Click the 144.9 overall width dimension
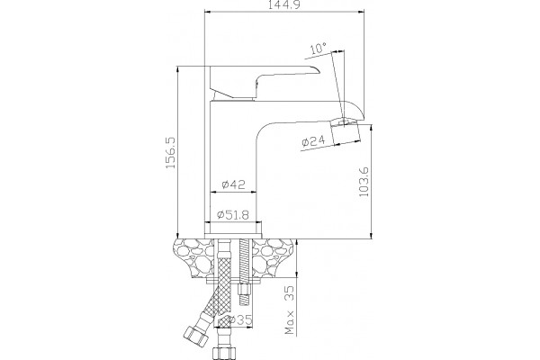click(283, 4)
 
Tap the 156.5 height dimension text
click(171, 153)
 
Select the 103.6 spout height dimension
click(364, 182)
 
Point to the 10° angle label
click(319, 49)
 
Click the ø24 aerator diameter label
click(313, 141)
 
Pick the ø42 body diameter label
click(233, 184)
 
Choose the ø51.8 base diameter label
click(233, 215)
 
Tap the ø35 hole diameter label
click(240, 320)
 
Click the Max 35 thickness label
click(290, 310)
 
